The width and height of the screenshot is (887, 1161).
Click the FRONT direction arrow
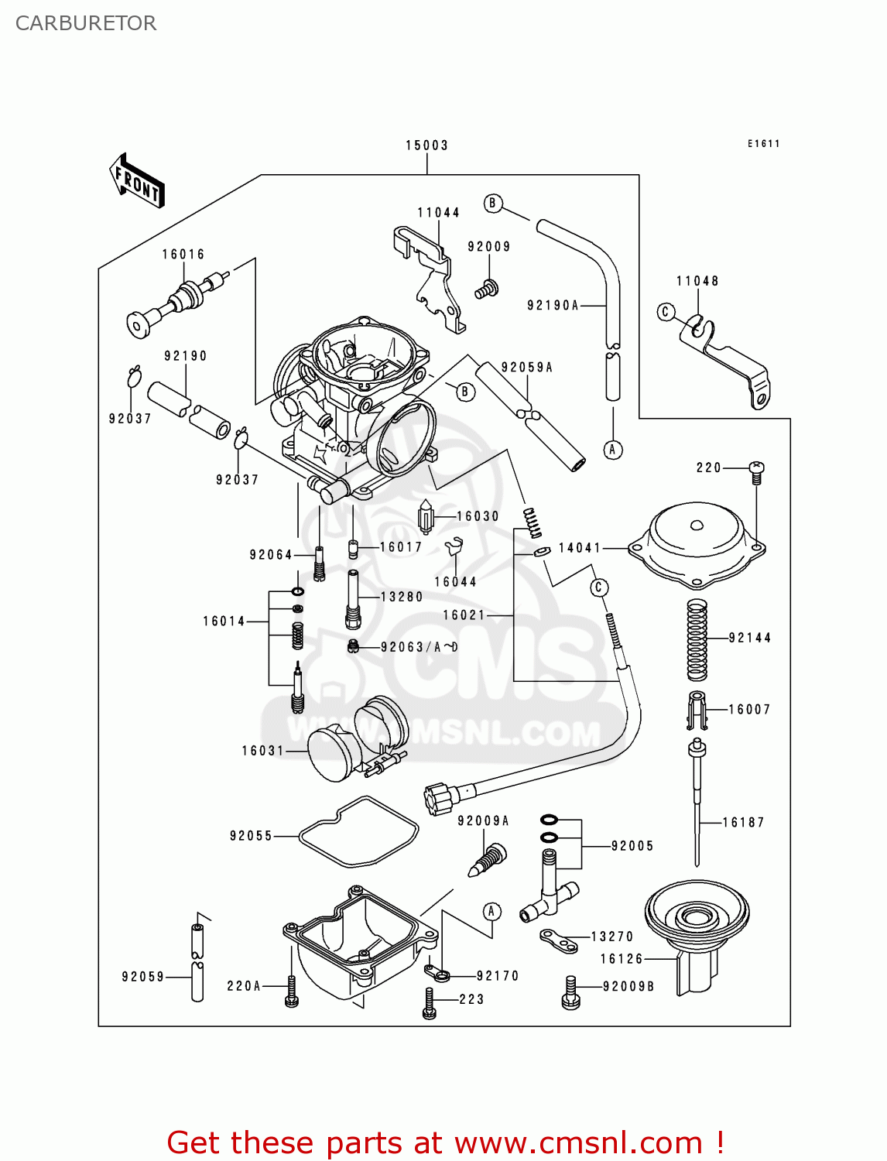[x=138, y=181]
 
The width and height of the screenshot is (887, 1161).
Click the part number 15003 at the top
[x=426, y=146]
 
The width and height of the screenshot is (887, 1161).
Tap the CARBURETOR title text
[x=86, y=23]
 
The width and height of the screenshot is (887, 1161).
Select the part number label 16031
[x=262, y=751]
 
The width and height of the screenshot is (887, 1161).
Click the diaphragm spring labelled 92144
[x=697, y=639]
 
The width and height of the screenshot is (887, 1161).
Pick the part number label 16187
[x=743, y=823]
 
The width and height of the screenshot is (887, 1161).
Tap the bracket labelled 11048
[x=728, y=360]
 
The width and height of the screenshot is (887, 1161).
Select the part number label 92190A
[x=553, y=306]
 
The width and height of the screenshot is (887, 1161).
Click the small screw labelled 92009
[x=486, y=290]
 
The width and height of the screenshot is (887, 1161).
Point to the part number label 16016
[x=183, y=255]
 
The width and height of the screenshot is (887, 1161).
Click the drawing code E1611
[x=763, y=144]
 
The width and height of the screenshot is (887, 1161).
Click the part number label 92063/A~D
[x=419, y=647]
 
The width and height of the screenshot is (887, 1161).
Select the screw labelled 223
[x=430, y=1003]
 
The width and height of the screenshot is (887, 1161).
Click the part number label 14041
[x=580, y=548]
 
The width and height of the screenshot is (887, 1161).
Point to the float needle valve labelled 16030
[x=426, y=516]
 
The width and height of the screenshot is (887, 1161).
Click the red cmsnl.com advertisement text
[x=445, y=1142]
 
